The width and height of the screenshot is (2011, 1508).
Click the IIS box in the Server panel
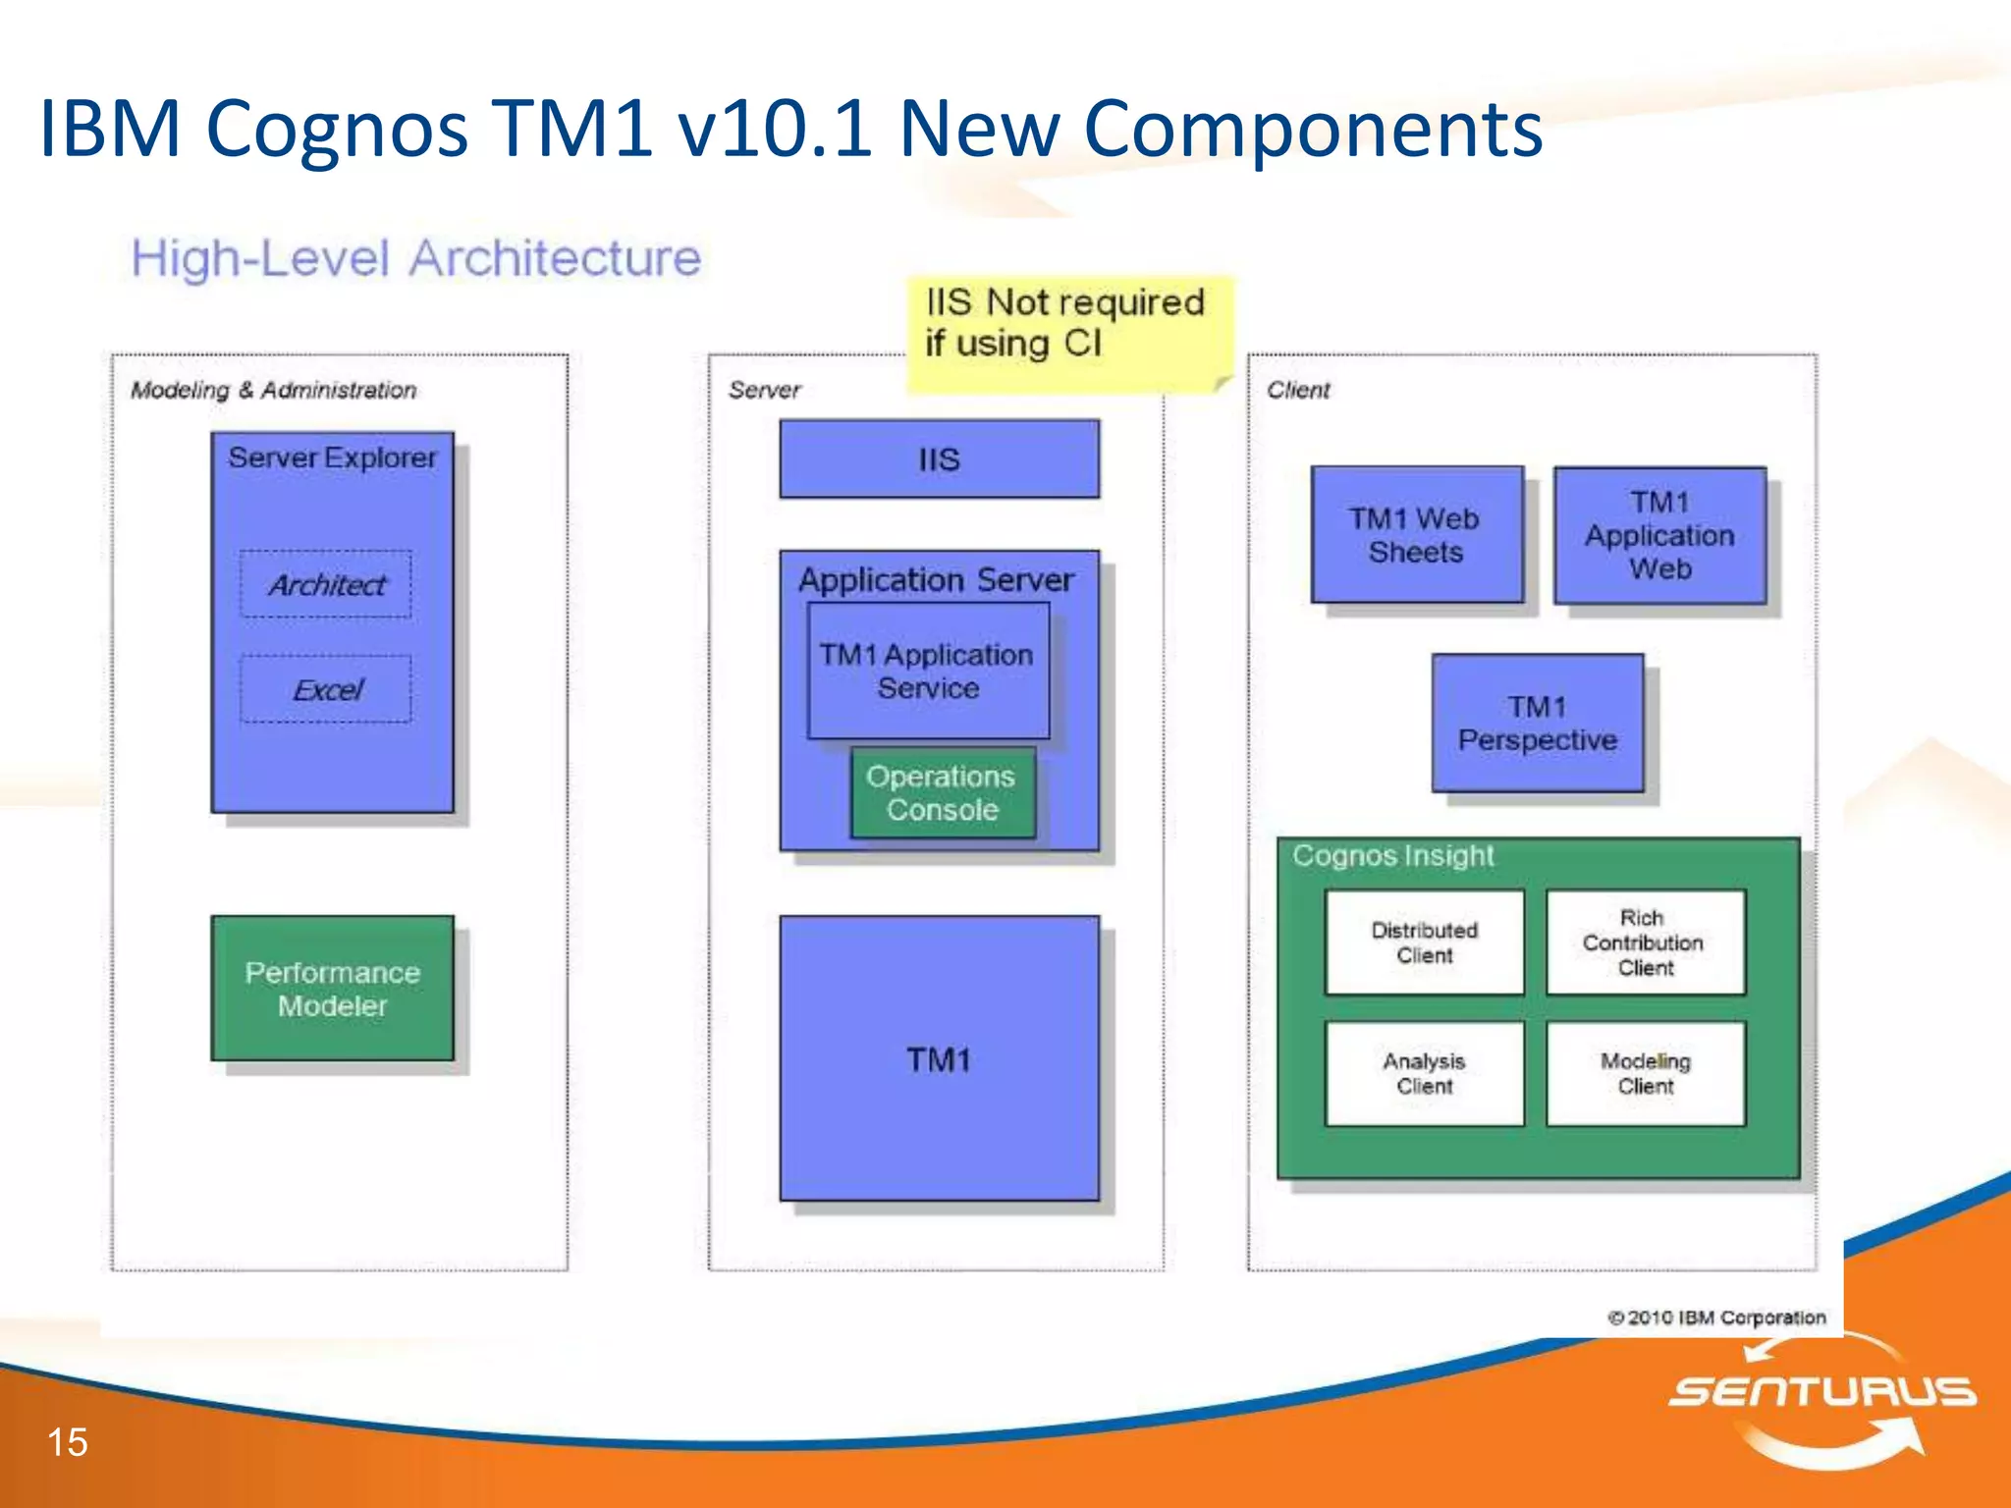939,459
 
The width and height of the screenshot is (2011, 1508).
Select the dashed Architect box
326,585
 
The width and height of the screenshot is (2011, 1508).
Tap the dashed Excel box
326,689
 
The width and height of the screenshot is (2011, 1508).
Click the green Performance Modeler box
332,989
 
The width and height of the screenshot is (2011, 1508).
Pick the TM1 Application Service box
928,671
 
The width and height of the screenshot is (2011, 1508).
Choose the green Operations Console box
943,793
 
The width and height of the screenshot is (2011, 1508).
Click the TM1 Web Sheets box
1416,535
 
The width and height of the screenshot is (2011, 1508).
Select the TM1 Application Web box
1659,535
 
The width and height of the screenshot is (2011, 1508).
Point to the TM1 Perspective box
1538,724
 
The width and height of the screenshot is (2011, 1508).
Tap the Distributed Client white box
1424,942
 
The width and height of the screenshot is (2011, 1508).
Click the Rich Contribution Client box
1646,942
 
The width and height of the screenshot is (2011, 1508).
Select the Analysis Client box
1424,1073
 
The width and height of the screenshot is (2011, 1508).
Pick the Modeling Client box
1646,1073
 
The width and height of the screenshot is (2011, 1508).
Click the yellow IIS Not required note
1066,324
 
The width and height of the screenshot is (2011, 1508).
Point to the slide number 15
67,1442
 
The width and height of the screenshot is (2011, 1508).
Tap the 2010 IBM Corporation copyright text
1716,1318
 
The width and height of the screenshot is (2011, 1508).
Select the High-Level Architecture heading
416,259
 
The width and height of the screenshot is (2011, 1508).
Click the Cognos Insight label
1392,856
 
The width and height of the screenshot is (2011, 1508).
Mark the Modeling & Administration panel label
274,391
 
